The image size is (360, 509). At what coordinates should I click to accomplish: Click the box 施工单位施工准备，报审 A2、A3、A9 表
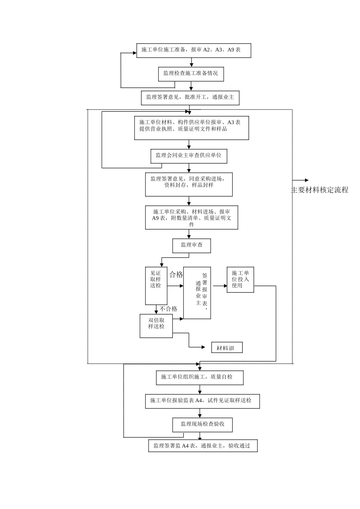193,50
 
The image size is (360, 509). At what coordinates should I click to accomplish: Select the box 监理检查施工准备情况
191,74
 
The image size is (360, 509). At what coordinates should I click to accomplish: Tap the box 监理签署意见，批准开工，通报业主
190,98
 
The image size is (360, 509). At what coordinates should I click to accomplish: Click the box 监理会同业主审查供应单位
189,156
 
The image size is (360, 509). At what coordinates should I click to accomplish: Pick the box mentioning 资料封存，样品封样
189,184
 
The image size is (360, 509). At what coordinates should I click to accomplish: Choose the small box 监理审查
191,246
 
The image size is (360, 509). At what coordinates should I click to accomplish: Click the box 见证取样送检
156,286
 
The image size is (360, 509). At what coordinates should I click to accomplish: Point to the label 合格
176,275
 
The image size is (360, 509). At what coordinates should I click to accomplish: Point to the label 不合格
168,309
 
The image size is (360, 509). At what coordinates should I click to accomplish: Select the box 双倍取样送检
156,326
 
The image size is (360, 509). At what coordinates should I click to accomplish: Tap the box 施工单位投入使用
240,280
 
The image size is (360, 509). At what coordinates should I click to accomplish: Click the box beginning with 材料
227,348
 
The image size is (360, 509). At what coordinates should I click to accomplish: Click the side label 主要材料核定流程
319,190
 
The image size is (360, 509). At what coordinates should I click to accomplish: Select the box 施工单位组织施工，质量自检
199,378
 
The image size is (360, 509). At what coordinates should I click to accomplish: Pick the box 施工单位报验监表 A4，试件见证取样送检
202,401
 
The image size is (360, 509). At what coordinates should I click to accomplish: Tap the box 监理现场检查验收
202,425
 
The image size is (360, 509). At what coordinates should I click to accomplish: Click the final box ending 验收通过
203,446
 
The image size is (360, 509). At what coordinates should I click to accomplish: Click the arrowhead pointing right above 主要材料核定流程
306,180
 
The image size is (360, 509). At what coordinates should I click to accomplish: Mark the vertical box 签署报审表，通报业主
197,293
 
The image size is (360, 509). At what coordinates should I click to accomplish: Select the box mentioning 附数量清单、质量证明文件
191,218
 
